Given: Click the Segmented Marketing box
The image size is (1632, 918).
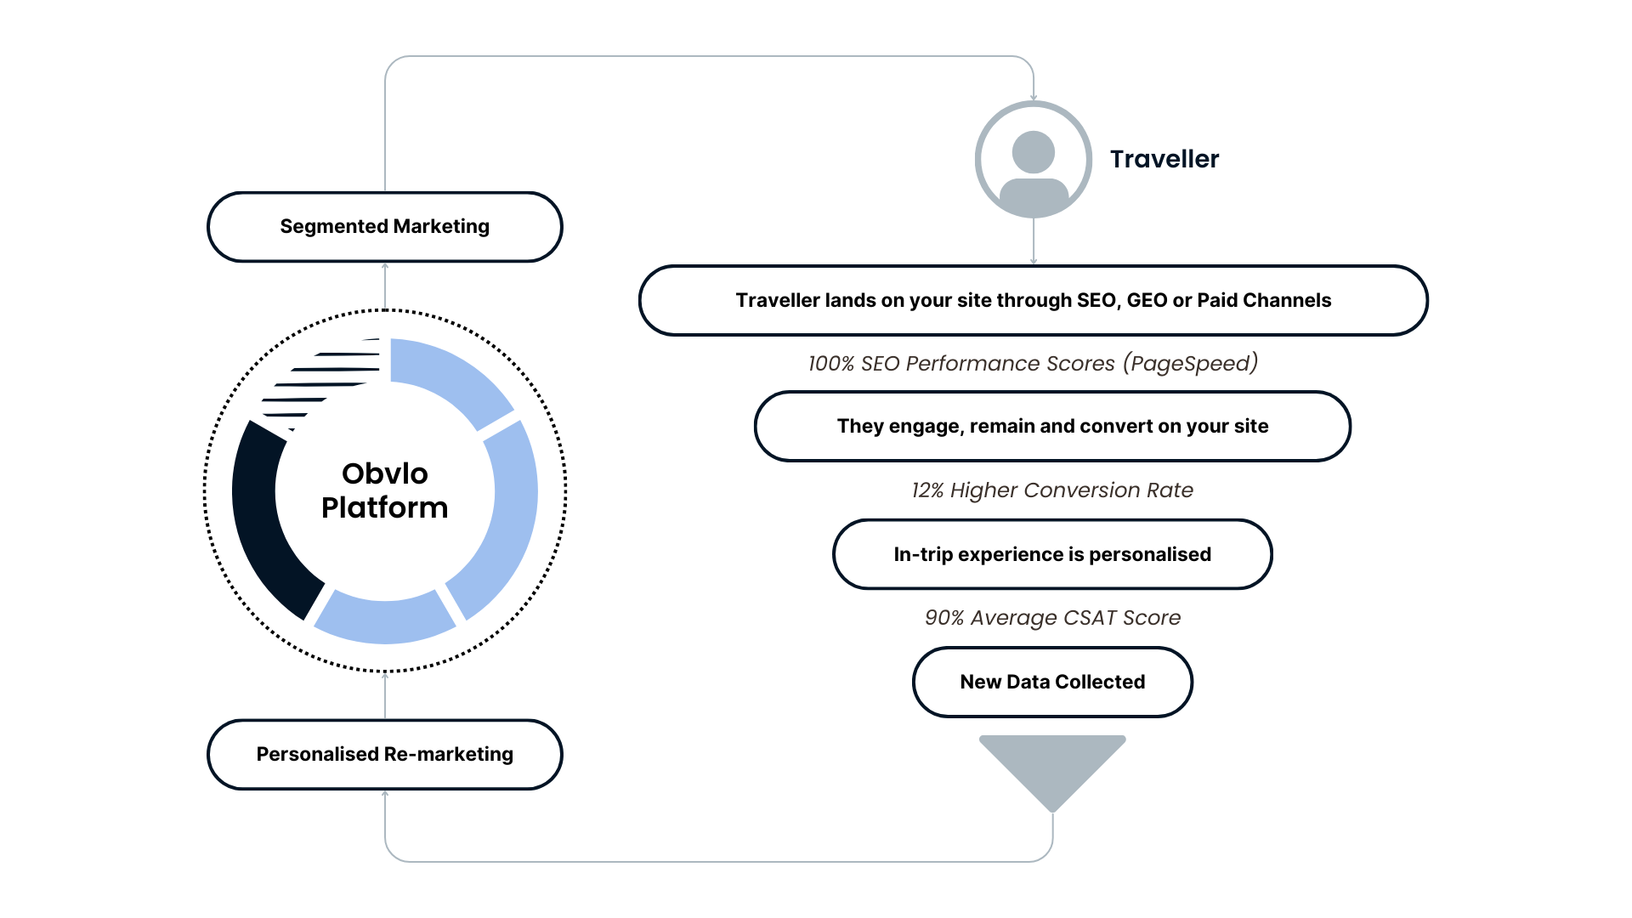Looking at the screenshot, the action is [x=384, y=227].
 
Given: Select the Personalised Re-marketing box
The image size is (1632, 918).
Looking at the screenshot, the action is [x=384, y=755].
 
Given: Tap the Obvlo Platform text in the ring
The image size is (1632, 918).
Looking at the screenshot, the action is [x=384, y=490].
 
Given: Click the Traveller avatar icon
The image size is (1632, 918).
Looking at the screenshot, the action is [x=1033, y=160].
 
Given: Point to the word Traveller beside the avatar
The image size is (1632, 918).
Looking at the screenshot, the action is [x=1164, y=159].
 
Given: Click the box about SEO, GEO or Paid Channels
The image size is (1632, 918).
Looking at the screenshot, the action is [x=1033, y=300].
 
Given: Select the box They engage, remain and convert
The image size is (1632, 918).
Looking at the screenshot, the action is [x=1052, y=426].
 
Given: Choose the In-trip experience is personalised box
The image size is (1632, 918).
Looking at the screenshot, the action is [x=1052, y=554].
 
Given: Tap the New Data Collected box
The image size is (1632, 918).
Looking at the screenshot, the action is [x=1052, y=682].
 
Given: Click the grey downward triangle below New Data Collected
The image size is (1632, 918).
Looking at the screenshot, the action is [x=1052, y=765].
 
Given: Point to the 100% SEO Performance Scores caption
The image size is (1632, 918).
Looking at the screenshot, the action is [x=1033, y=364].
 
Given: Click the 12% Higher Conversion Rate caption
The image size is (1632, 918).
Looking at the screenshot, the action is [x=1052, y=490].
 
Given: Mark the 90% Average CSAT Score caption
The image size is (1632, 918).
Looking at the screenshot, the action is [x=1052, y=618].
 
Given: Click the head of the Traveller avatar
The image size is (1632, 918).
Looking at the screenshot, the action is [x=1033, y=152].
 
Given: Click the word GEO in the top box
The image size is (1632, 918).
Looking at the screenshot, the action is [x=1146, y=300].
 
